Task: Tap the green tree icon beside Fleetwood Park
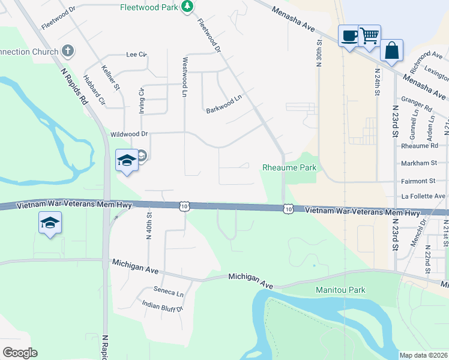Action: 188,6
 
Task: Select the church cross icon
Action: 68,51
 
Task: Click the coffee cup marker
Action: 349,35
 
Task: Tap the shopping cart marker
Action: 369,35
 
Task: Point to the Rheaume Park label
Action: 289,168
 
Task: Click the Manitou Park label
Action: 340,290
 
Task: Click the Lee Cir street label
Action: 136,55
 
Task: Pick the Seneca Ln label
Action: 168,293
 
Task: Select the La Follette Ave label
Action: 424,196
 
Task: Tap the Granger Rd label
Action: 419,109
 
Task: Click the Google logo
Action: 19,353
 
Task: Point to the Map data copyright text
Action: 424,355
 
